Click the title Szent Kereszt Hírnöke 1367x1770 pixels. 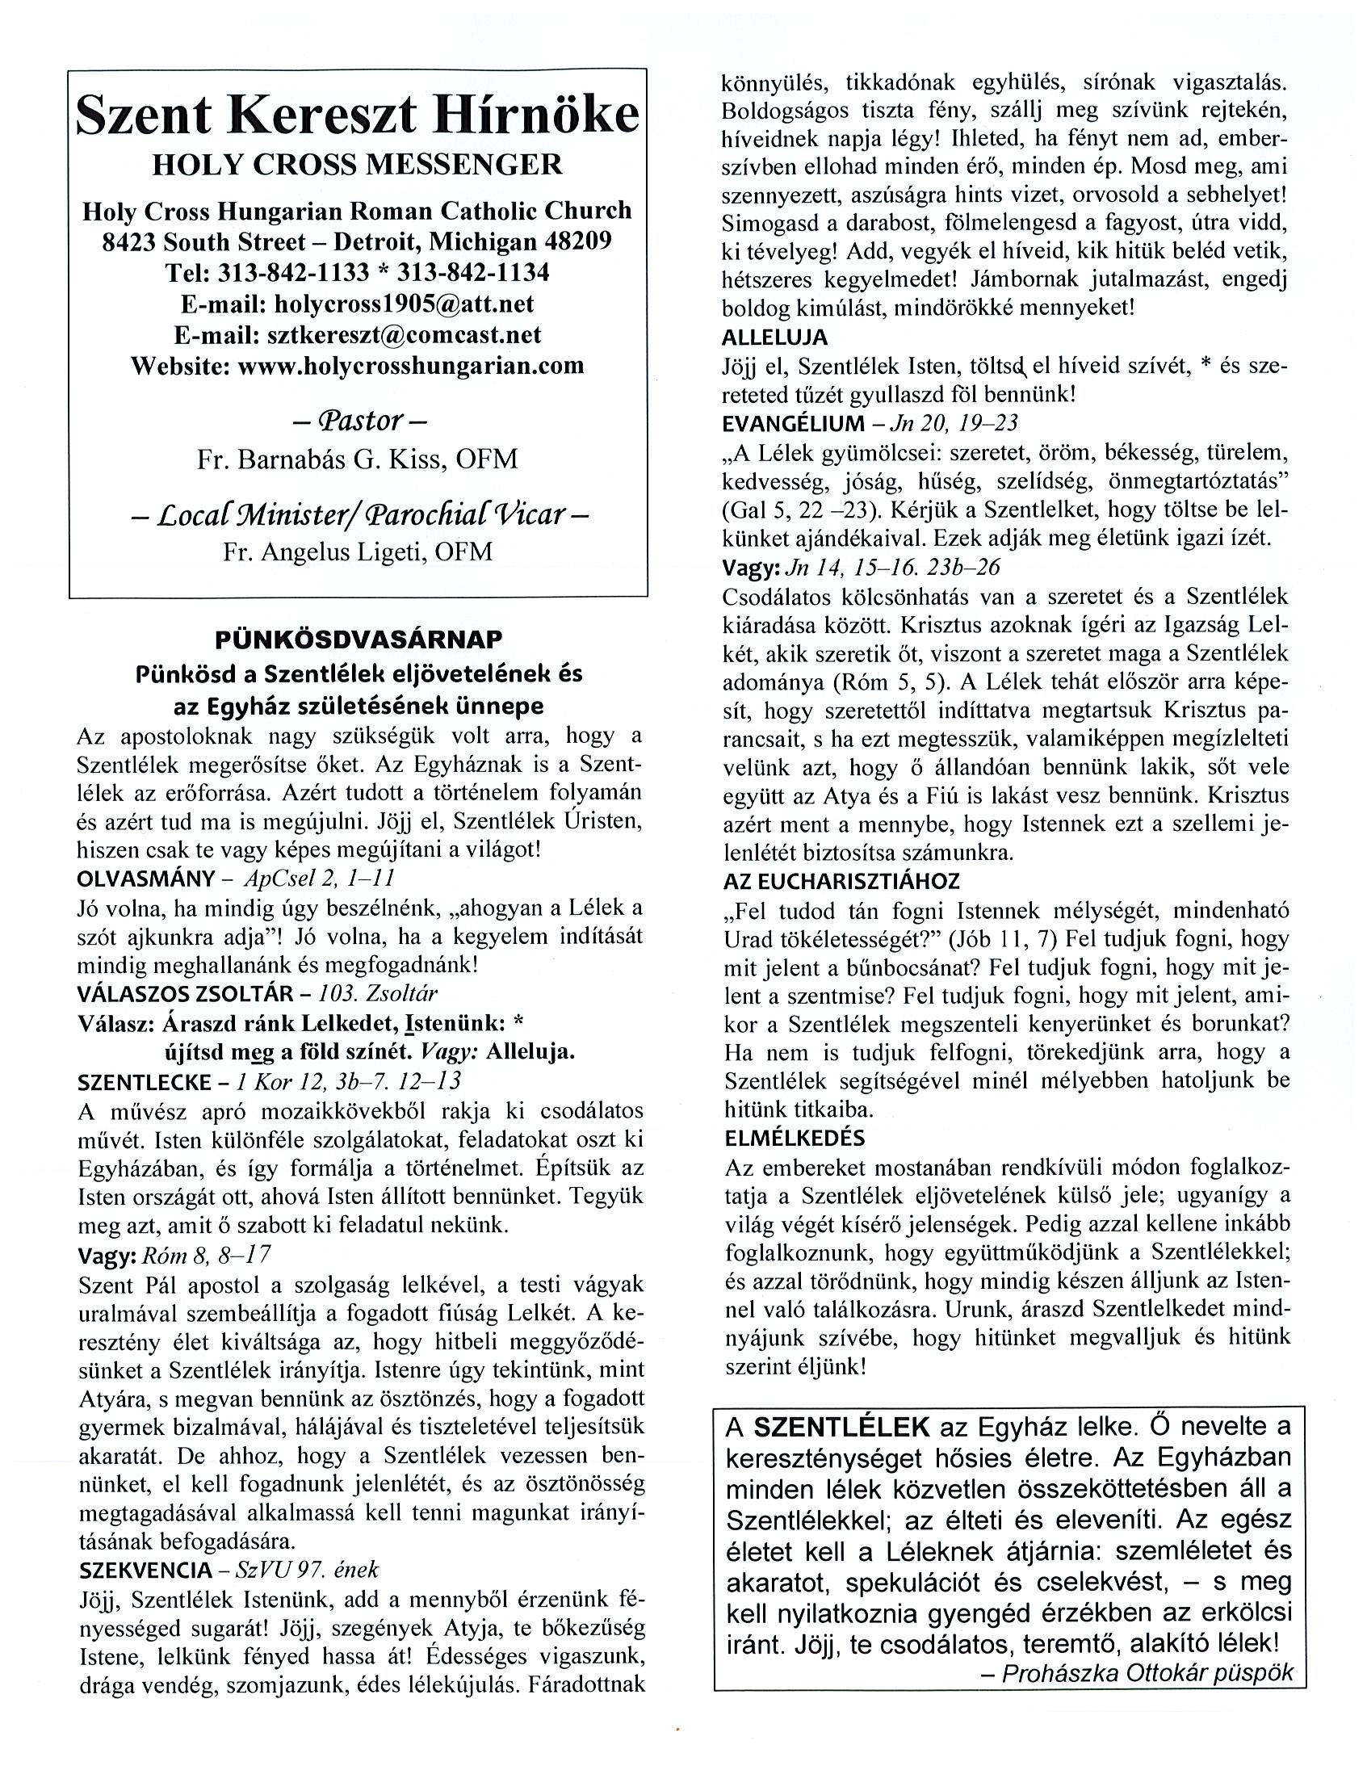[x=358, y=116]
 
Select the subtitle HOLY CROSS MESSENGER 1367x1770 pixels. [x=358, y=165]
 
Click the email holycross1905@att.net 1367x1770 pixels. [x=405, y=303]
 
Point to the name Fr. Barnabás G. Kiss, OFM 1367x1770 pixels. [x=358, y=459]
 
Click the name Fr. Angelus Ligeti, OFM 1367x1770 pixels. [x=358, y=552]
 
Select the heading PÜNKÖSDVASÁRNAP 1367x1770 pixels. [x=359, y=639]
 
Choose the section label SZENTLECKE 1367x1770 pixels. [x=144, y=1081]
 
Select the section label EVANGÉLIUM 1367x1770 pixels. [x=793, y=423]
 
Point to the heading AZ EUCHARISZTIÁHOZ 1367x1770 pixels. [x=842, y=880]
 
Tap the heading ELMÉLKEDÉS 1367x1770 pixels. [x=795, y=1138]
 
